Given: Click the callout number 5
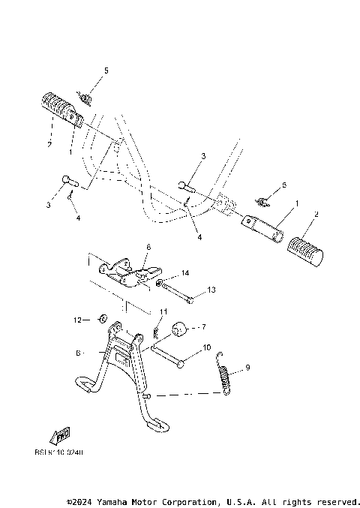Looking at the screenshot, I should tap(106, 70).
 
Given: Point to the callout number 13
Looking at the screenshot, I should tap(211, 290).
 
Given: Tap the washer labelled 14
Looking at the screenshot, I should tap(160, 283).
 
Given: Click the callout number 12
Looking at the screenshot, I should tap(77, 319).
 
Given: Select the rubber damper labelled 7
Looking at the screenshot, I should tap(181, 329).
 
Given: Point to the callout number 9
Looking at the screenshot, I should tap(248, 368).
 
